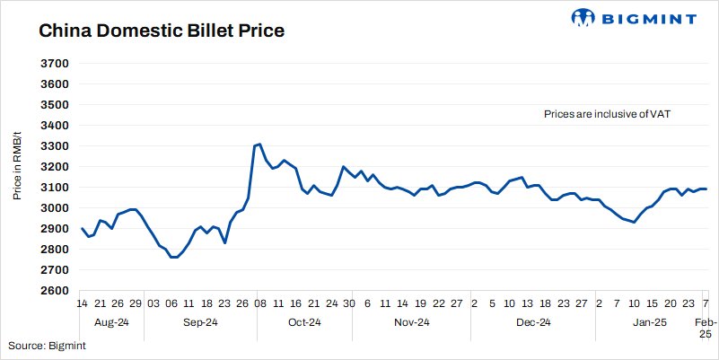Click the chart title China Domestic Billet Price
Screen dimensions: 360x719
(x=162, y=31)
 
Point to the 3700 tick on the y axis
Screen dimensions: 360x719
(x=55, y=64)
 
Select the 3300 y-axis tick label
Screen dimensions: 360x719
(x=55, y=146)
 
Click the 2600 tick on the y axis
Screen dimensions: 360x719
(x=55, y=291)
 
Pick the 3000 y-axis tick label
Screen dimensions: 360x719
(x=55, y=208)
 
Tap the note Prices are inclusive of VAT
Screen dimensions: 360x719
(x=608, y=114)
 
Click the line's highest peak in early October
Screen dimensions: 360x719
(x=259, y=144)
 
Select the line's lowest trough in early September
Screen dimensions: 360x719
(x=175, y=258)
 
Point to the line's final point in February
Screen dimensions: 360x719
(x=706, y=189)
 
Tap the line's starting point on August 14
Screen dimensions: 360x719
(x=83, y=228)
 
